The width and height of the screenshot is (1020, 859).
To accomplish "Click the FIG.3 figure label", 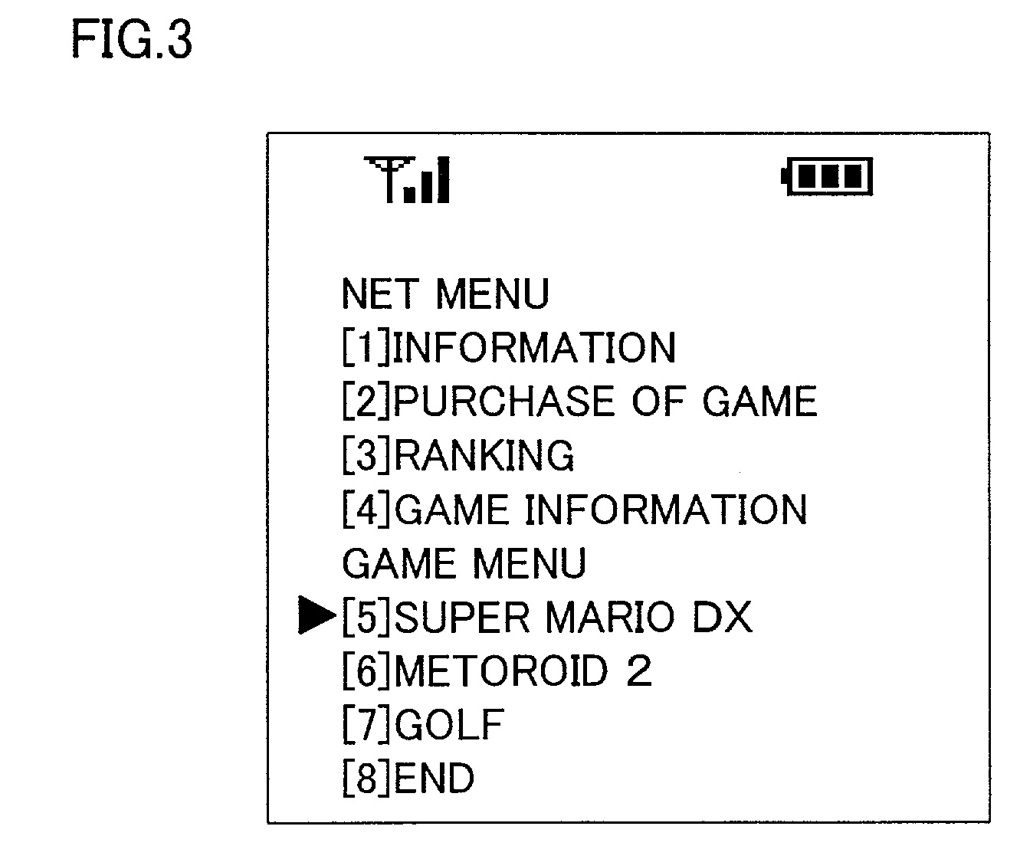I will [132, 40].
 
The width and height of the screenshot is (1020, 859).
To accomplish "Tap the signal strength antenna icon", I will [407, 180].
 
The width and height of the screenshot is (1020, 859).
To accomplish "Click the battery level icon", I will [828, 178].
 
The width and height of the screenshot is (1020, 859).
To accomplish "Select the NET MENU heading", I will [445, 294].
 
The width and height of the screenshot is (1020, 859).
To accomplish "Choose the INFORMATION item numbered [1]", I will [534, 348].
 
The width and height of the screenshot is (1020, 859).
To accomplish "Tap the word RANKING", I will [484, 456].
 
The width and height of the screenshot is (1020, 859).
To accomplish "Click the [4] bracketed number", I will [366, 510].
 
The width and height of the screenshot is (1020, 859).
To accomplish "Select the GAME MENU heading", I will [464, 564].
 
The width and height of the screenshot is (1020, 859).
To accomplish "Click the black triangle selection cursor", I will [316, 617].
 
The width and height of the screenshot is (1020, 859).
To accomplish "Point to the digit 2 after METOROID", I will [638, 671].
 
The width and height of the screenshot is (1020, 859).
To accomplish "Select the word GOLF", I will [450, 725].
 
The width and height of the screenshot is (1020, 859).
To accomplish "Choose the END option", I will [435, 779].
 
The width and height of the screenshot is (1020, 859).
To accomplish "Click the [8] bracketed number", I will [366, 779].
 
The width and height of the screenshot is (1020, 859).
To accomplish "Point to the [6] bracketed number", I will [366, 671].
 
